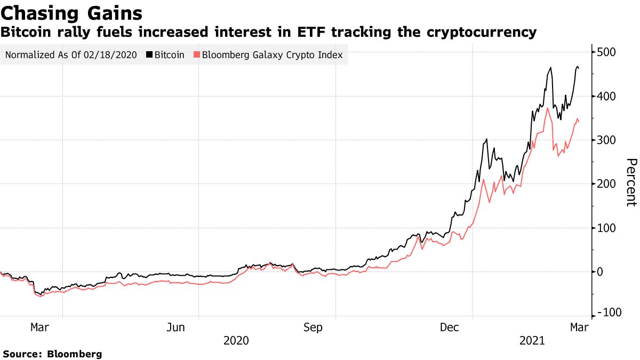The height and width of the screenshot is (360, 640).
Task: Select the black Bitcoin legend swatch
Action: point(149,55)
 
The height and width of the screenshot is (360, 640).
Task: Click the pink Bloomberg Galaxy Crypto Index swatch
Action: point(197,55)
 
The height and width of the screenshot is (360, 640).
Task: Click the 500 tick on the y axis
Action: point(606,52)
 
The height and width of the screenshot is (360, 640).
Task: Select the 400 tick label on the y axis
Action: point(606,97)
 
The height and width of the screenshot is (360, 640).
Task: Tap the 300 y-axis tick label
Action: point(606,140)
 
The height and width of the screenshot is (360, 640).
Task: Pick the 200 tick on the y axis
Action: point(606,184)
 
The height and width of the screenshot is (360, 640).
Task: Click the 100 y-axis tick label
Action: point(606,228)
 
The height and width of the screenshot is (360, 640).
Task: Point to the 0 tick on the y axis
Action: point(601,272)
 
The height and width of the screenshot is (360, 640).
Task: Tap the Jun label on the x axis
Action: point(176,327)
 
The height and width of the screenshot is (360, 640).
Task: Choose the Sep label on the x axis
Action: point(313,327)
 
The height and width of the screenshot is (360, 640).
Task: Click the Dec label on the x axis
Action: point(450,327)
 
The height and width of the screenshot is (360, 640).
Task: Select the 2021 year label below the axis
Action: point(532,340)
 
